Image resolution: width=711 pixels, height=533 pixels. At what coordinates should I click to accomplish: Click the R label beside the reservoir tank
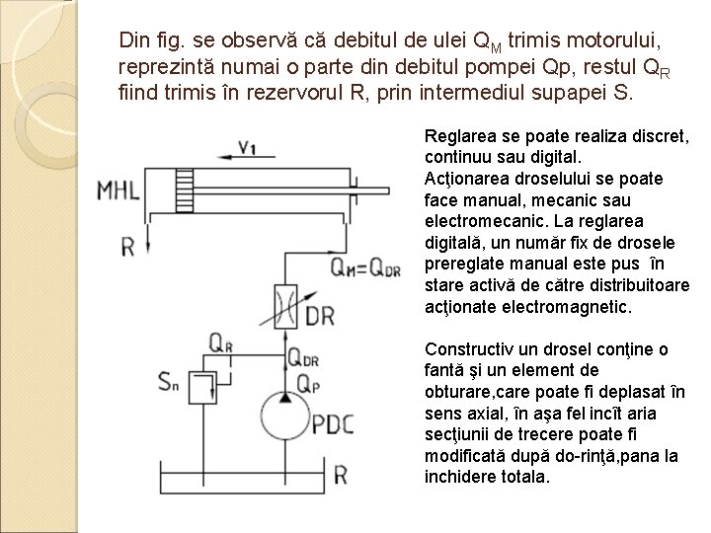(x=339, y=476)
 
